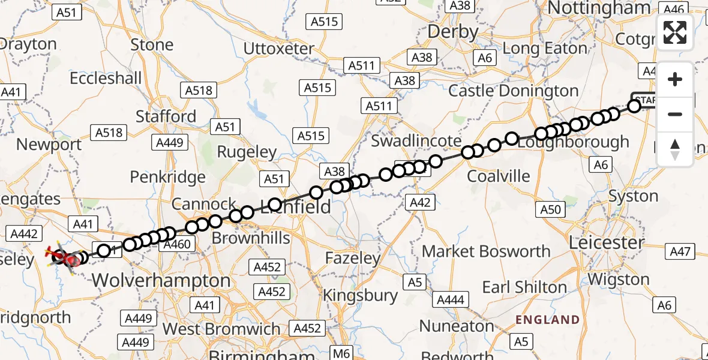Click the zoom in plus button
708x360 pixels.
(675, 80)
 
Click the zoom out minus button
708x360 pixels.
(675, 114)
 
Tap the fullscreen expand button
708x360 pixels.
(675, 32)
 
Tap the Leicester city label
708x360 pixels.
(606, 243)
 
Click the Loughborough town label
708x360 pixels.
(573, 143)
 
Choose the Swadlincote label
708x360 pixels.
(416, 141)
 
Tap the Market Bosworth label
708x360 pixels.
(486, 251)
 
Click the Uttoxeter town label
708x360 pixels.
(278, 48)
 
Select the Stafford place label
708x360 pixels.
(166, 116)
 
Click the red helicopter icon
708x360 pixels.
(62, 258)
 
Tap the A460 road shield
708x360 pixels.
(176, 244)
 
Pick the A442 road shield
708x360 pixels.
(25, 234)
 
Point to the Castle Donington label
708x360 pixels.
(514, 91)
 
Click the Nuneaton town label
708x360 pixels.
(457, 326)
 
